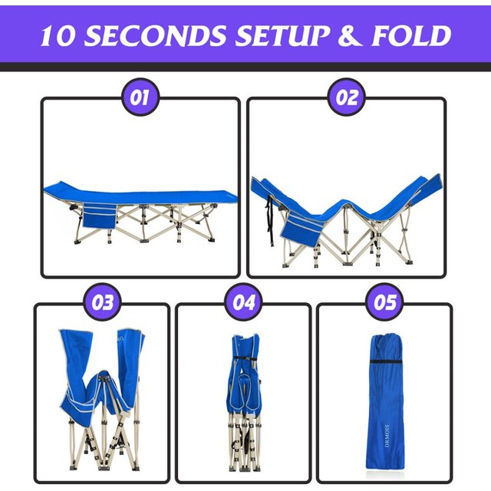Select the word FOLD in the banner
[411, 35]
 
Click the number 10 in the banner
[58, 35]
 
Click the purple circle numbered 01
[140, 97]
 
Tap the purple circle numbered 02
[346, 97]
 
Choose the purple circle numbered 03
[102, 302]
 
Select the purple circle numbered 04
[243, 302]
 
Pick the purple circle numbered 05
[385, 302]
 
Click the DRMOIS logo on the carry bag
[387, 435]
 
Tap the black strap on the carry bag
[386, 361]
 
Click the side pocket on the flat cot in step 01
[99, 216]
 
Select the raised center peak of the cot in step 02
[346, 203]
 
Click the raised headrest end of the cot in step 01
[55, 187]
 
